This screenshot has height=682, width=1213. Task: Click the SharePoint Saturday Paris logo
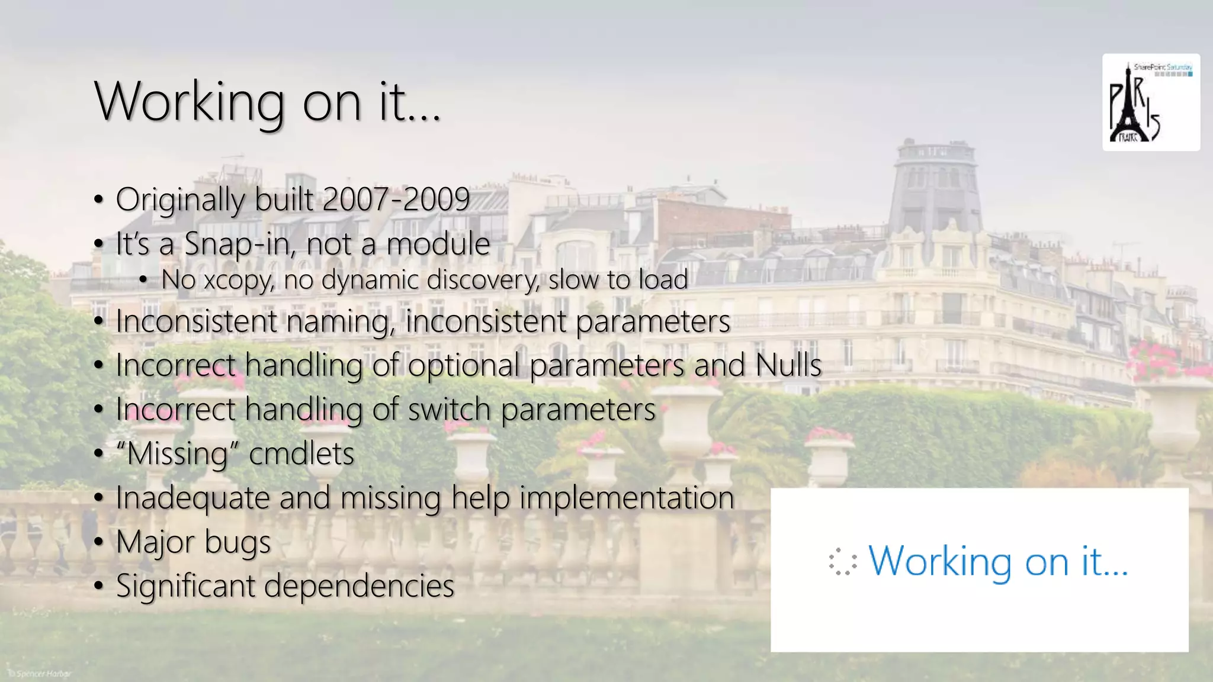(1150, 102)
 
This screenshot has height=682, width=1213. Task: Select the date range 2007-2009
(396, 200)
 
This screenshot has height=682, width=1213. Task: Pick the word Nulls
(788, 365)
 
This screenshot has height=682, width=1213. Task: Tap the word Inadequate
(192, 497)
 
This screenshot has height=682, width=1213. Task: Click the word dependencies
(359, 586)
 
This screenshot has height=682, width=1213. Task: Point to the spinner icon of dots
(843, 562)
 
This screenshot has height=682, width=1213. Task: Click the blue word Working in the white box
(941, 561)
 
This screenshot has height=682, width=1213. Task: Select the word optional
(464, 365)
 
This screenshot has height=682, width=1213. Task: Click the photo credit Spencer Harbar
(40, 674)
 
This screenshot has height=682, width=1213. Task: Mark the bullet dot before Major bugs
(99, 542)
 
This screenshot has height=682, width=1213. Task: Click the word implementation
(627, 497)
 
